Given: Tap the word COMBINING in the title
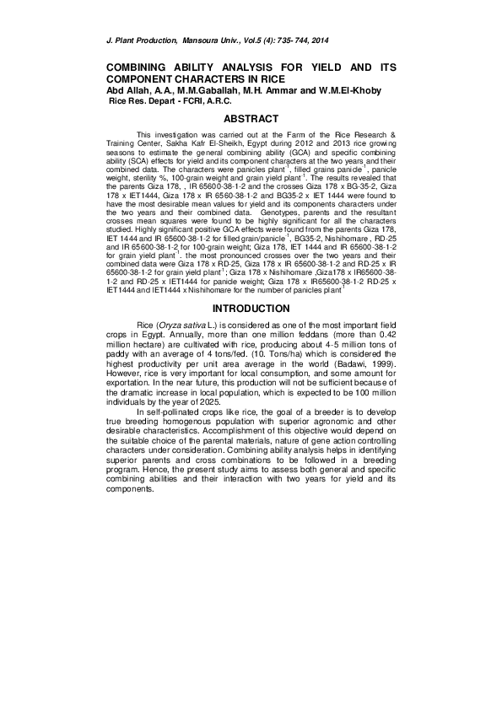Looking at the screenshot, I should pyautogui.click(x=141, y=67).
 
